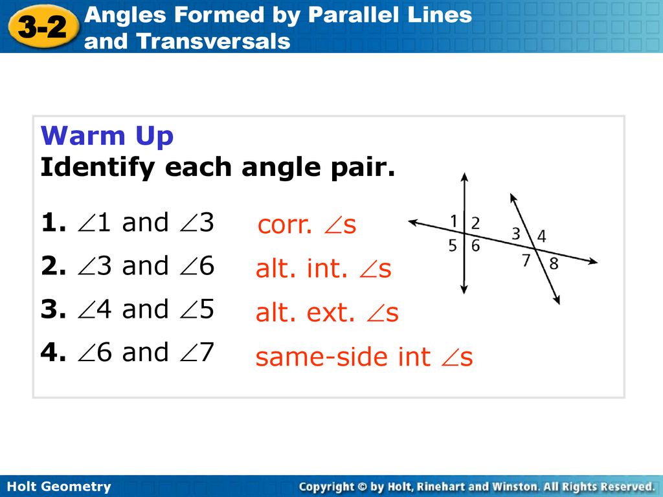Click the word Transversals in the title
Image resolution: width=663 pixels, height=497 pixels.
pyautogui.click(x=214, y=41)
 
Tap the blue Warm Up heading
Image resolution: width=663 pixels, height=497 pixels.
pyautogui.click(x=107, y=136)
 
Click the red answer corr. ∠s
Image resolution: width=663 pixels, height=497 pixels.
pyautogui.click(x=306, y=225)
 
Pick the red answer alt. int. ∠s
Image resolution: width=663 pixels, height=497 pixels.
pyautogui.click(x=324, y=269)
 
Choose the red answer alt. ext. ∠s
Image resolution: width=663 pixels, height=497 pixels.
pyautogui.click(x=327, y=313)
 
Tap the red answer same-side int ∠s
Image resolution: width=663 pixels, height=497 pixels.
pyautogui.click(x=364, y=357)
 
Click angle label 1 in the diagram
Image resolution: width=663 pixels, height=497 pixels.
pyautogui.click(x=454, y=221)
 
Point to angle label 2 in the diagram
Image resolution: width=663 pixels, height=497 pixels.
pyautogui.click(x=476, y=223)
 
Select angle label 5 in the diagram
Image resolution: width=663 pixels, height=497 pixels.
pyautogui.click(x=453, y=245)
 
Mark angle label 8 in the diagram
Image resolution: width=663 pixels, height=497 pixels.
pyautogui.click(x=554, y=264)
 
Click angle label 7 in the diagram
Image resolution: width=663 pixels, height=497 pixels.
pyautogui.click(x=526, y=260)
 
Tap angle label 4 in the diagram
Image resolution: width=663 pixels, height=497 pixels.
pyautogui.click(x=542, y=236)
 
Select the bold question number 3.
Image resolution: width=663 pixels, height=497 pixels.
pyautogui.click(x=53, y=309)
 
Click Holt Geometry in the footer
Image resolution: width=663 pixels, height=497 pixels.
pyautogui.click(x=59, y=487)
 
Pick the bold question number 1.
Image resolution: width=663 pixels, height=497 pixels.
pyautogui.click(x=53, y=223)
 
